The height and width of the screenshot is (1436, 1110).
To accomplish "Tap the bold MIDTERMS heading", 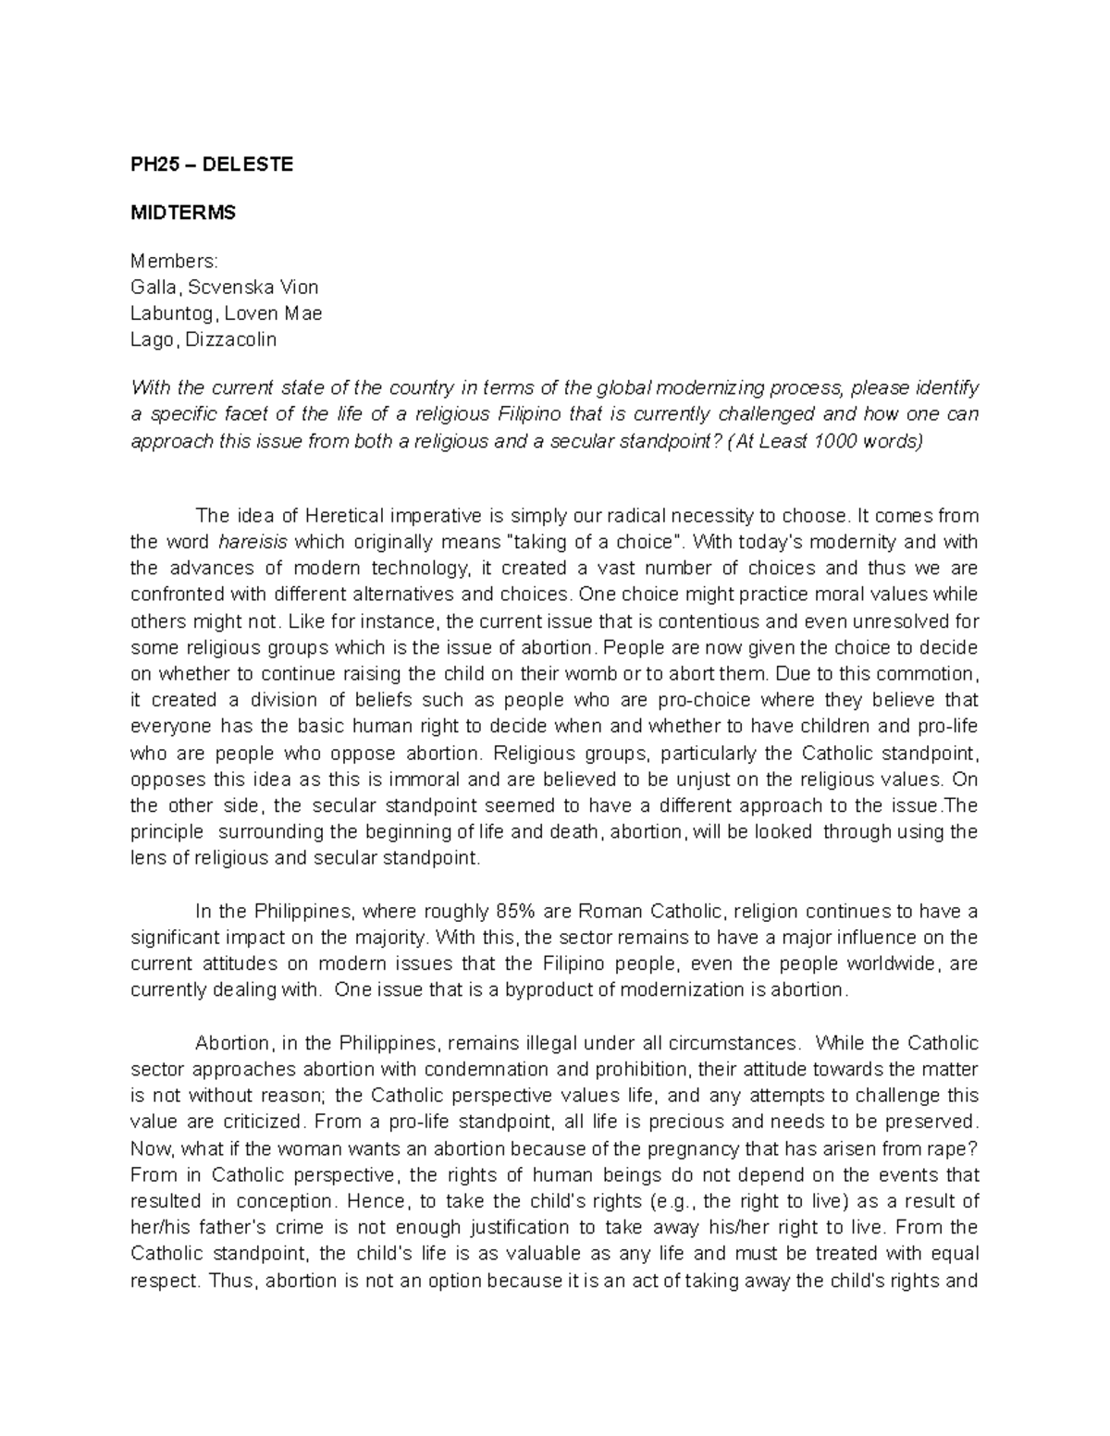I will click(183, 213).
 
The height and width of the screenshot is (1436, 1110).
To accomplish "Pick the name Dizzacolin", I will click(231, 339).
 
